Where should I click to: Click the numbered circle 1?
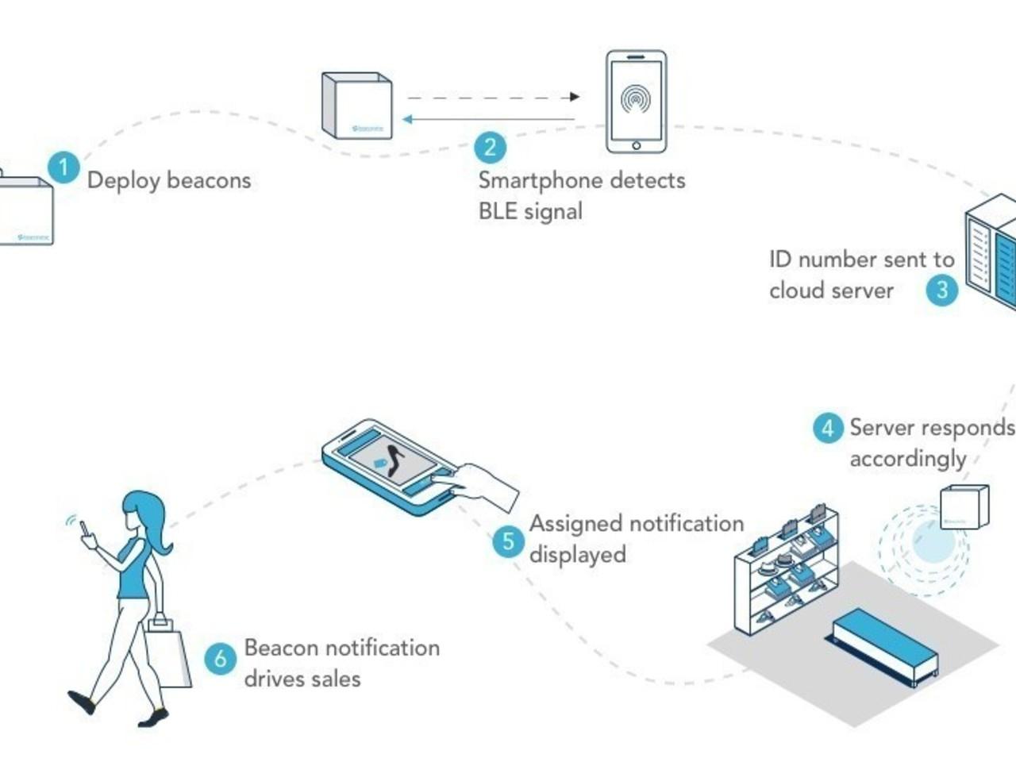click(x=63, y=167)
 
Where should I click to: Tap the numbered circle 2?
click(x=490, y=146)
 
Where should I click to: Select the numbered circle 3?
click(x=942, y=289)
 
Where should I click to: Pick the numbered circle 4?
click(x=827, y=428)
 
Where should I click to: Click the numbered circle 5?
click(x=508, y=542)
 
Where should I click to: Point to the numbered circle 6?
click(x=221, y=658)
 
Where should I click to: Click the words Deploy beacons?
click(x=168, y=180)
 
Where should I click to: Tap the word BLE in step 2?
click(x=497, y=211)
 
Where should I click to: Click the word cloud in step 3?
click(x=798, y=291)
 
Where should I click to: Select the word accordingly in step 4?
click(x=907, y=459)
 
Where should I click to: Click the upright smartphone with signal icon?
click(x=636, y=102)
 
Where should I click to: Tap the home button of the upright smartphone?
click(x=636, y=145)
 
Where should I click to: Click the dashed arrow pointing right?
click(x=493, y=97)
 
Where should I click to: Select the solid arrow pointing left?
click(x=488, y=120)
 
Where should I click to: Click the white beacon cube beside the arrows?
click(x=357, y=106)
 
